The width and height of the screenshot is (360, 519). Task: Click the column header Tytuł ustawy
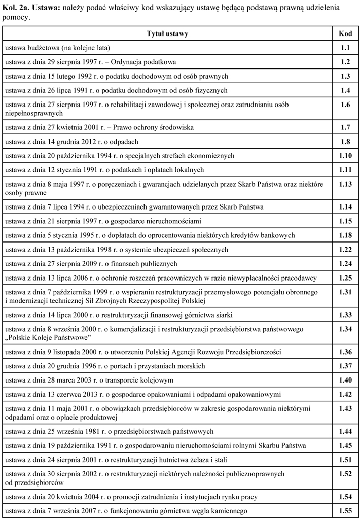[167, 34]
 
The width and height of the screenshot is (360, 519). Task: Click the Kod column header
[345, 34]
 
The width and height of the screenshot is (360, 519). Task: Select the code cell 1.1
[345, 48]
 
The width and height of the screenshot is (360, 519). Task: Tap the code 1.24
[345, 264]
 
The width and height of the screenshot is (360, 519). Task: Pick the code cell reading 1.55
[345, 511]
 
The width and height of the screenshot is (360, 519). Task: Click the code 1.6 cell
[345, 105]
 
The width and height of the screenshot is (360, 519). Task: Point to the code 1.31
[345, 292]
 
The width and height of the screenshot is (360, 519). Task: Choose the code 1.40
[345, 380]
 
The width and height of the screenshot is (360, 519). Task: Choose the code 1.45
[345, 446]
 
